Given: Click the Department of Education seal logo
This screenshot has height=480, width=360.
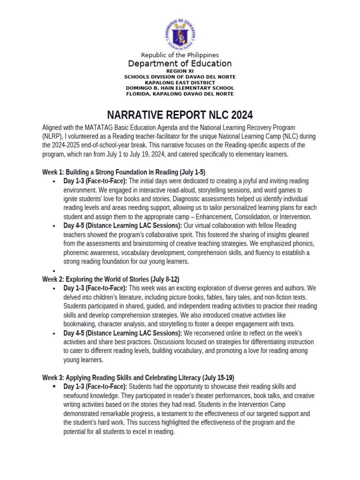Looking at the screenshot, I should (180, 33).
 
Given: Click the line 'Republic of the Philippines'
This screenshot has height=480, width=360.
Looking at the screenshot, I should (180, 55).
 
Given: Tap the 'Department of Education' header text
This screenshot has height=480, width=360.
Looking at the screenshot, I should (180, 63).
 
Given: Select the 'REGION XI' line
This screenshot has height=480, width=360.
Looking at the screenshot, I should (180, 71).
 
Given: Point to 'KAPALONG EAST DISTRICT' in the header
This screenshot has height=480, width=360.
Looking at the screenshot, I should (180, 82).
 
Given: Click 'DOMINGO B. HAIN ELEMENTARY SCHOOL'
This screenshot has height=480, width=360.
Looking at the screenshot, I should (180, 88).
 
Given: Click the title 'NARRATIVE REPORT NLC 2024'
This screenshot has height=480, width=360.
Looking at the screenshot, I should (180, 115).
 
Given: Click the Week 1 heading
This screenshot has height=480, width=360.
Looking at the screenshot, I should (124, 172).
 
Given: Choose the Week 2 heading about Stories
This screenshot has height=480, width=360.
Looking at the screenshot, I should (111, 279).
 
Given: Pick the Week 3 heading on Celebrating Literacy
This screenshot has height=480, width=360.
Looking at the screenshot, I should (138, 377).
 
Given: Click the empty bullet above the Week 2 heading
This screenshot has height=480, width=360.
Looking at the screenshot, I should (55, 271).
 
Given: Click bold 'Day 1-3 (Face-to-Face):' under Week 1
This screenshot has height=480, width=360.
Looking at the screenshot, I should (95, 181).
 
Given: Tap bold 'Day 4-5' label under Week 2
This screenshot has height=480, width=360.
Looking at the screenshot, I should (75, 333).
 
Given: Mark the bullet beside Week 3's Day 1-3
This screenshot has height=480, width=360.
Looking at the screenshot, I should (55, 387).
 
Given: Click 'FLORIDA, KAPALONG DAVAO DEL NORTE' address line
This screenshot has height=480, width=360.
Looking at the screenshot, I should (180, 94).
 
